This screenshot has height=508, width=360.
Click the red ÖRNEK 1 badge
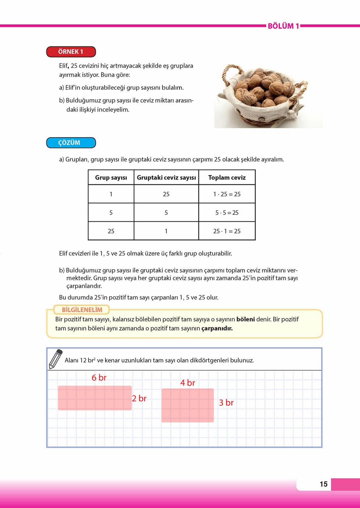[x=71, y=52]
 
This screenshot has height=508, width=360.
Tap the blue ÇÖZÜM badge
[x=71, y=143]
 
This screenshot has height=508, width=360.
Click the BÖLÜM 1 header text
[x=283, y=26]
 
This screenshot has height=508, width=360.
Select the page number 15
[x=323, y=484]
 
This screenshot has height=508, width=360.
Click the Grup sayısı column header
[x=111, y=177]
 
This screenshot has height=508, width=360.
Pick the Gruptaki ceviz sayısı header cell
[x=166, y=177]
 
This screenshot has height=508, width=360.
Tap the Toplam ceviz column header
[x=227, y=177]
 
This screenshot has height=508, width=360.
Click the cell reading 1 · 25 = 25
[x=227, y=194]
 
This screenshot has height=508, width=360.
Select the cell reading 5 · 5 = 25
[x=227, y=213]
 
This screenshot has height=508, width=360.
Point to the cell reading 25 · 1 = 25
[x=227, y=231]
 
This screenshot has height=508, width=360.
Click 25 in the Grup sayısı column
[x=111, y=231]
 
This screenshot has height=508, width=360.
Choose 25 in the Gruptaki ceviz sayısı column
[x=166, y=194]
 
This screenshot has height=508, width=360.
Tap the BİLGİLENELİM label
[x=82, y=310]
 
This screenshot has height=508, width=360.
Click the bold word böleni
[x=245, y=319]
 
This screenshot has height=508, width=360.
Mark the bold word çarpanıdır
[x=217, y=328]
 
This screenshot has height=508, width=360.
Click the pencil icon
[x=55, y=359]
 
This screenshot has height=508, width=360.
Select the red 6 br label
[x=99, y=378]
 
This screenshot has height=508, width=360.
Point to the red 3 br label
[x=226, y=403]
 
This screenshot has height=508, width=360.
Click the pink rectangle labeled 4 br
[x=187, y=405]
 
